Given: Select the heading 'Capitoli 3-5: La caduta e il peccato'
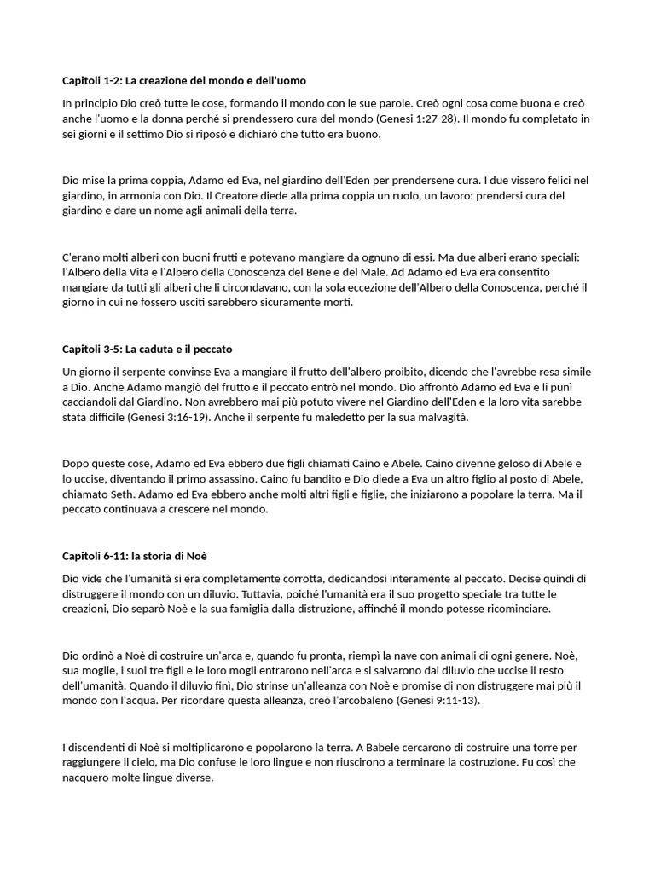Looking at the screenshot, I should click(148, 350).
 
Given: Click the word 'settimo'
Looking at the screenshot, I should click(131, 135).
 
